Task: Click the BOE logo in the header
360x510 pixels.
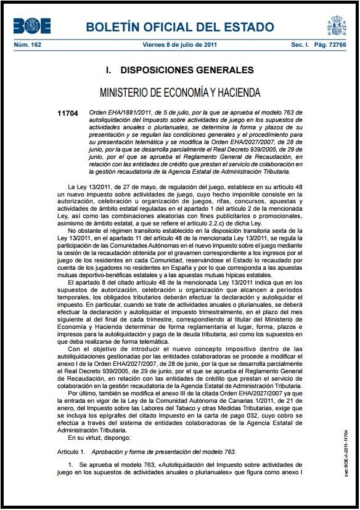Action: pos(32,26)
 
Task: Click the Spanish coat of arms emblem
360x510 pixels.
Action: pos(337,26)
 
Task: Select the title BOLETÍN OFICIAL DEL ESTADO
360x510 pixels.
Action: pos(180,27)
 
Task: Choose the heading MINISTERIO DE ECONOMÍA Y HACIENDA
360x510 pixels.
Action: pos(180,93)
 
